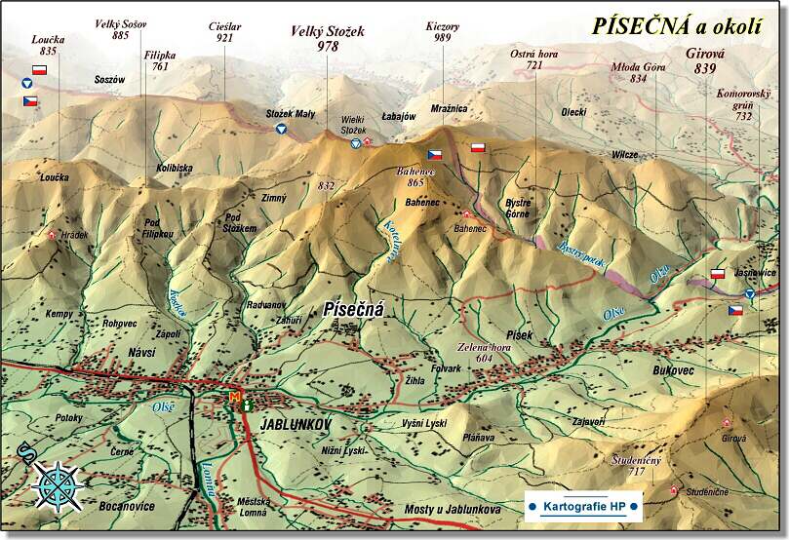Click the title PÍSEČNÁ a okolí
tap(676, 26)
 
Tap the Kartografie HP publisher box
tap(583, 506)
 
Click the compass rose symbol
tap(56, 483)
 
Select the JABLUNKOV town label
tap(296, 425)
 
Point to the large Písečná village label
tap(354, 310)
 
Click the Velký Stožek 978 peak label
tap(328, 38)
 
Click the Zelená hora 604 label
tap(485, 352)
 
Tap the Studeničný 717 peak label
tap(637, 464)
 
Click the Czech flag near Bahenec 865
tap(435, 154)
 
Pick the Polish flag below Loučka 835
tap(40, 70)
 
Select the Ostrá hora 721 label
tap(533, 58)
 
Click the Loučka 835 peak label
tap(48, 43)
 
